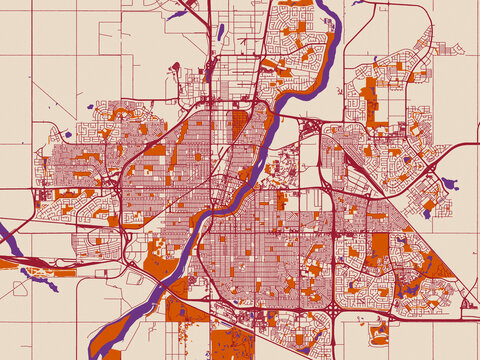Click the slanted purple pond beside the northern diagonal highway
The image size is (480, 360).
[178, 14]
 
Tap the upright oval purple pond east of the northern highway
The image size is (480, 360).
[220, 31]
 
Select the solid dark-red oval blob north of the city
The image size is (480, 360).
[176, 68]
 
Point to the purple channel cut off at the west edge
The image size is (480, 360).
[8, 240]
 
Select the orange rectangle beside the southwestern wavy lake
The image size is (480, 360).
[65, 272]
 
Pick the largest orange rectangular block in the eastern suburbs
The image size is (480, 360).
[380, 245]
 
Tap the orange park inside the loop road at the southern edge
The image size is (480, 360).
[380, 332]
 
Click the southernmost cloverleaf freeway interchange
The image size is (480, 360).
[332, 318]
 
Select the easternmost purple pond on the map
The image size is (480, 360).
[449, 184]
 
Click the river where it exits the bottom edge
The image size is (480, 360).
[97, 352]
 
